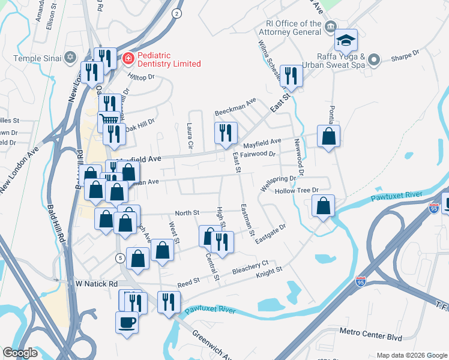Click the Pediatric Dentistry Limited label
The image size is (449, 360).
pyautogui.click(x=169, y=59)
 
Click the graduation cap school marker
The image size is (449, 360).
pyautogui.click(x=346, y=40)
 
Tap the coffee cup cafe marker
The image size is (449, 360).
pyautogui.click(x=127, y=322)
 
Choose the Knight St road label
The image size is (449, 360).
pyautogui.click(x=269, y=272)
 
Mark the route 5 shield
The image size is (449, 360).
pyautogui.click(x=120, y=257)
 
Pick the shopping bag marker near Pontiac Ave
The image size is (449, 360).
pyautogui.click(x=328, y=136)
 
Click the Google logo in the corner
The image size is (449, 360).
pyautogui.click(x=20, y=353)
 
